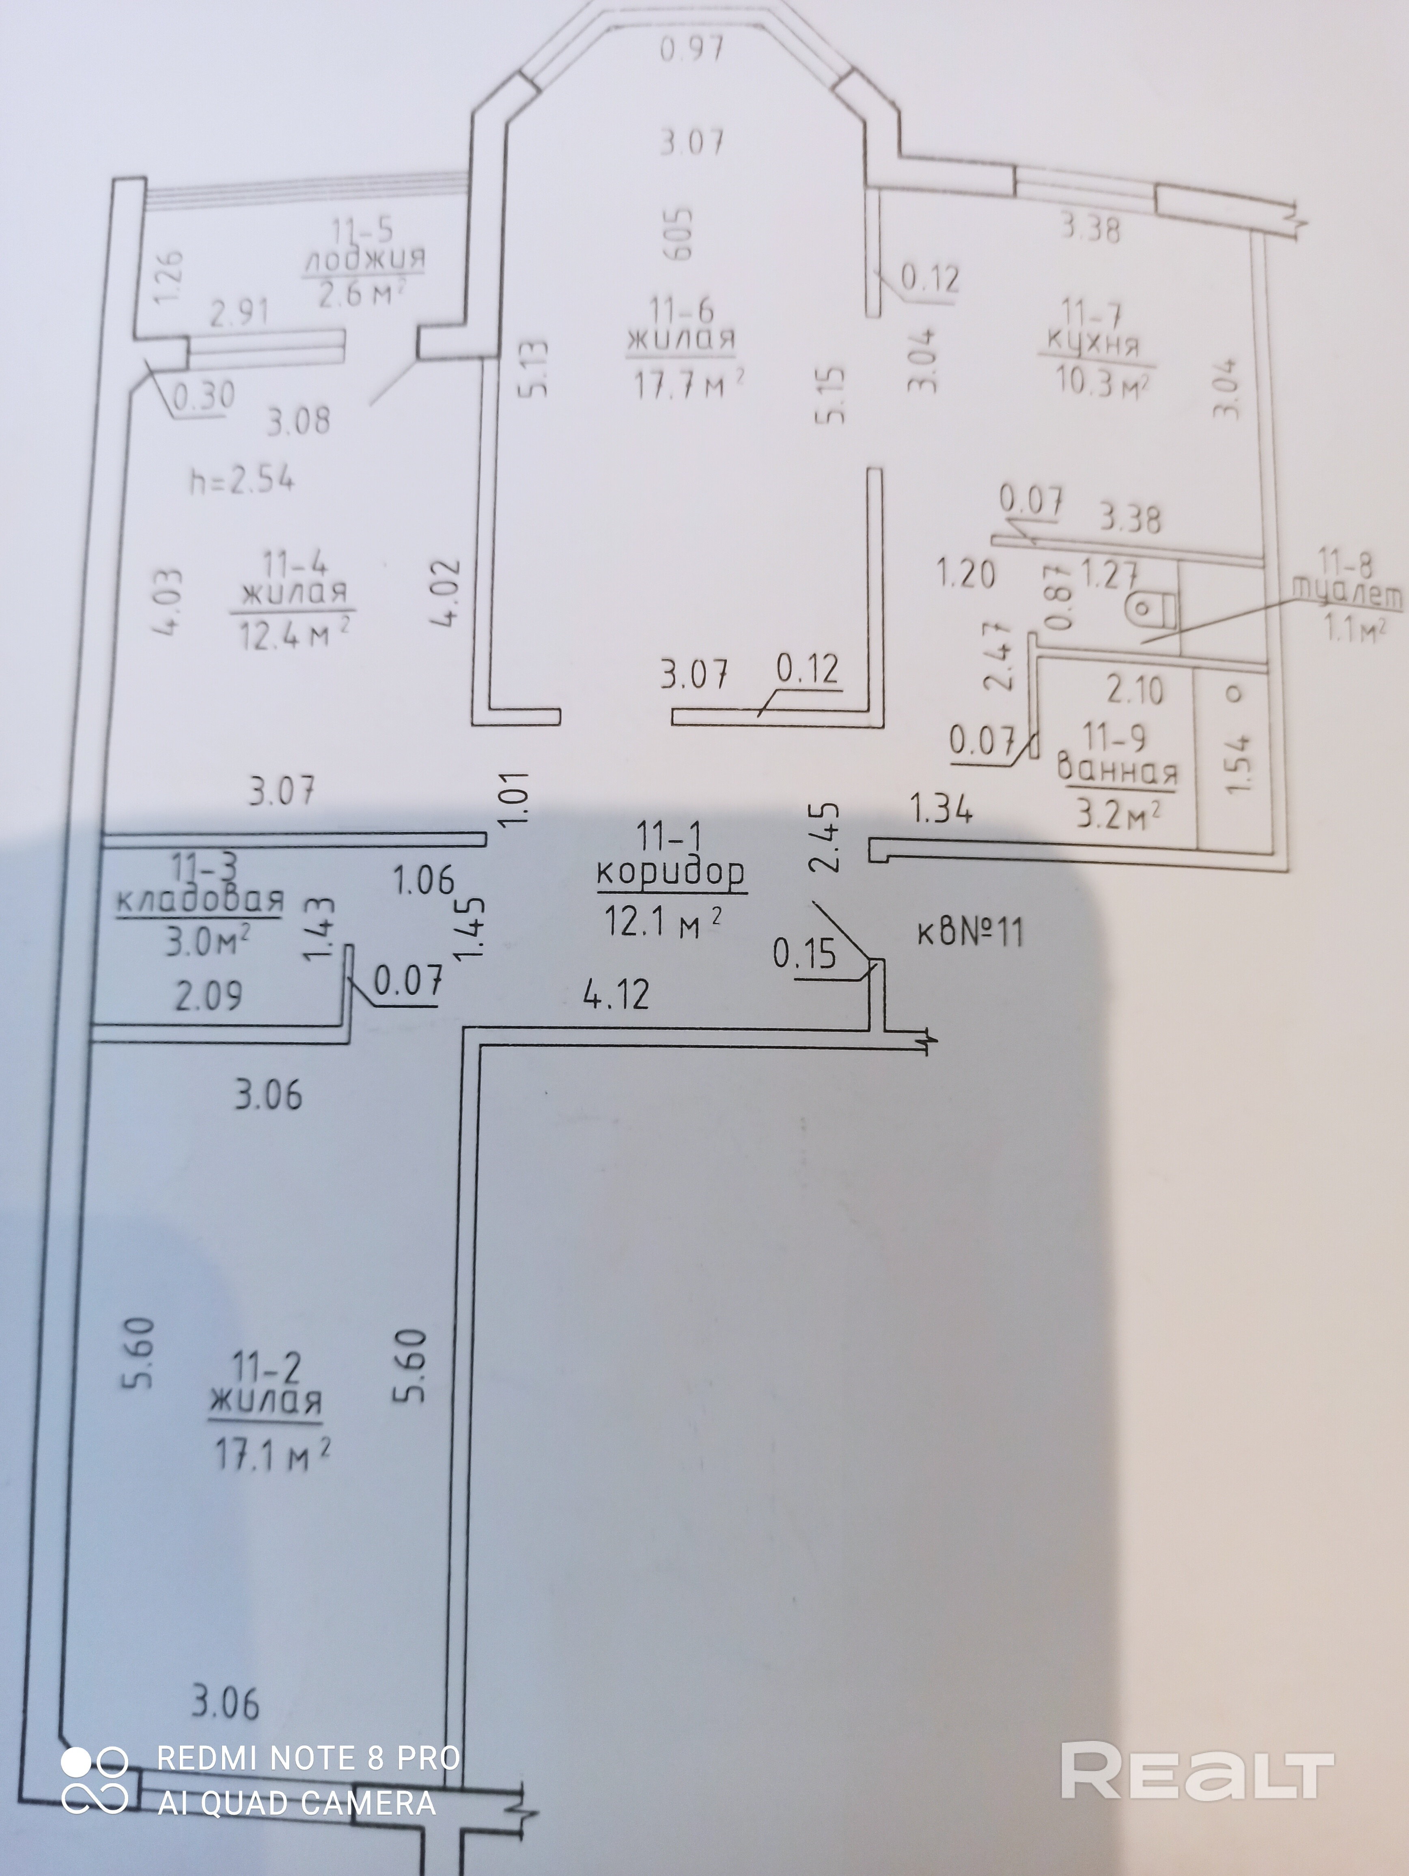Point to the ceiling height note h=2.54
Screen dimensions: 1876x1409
[242, 481]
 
